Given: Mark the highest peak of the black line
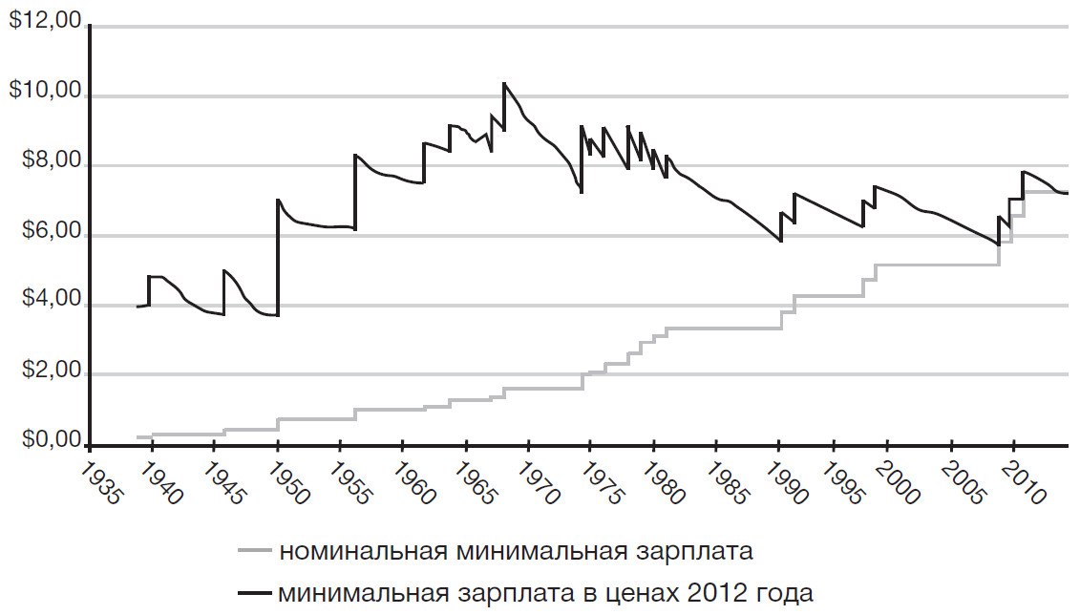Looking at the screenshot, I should (504, 84).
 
